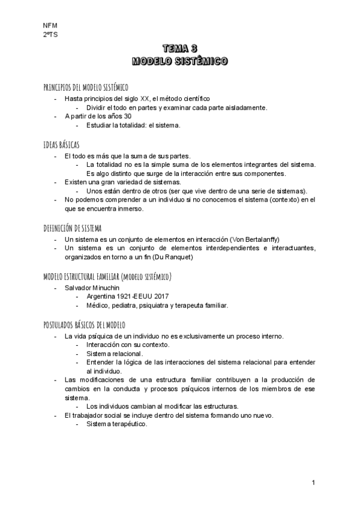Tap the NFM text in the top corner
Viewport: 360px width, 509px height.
(x=49, y=25)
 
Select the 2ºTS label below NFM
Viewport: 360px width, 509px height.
(x=50, y=35)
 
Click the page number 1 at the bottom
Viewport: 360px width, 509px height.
(x=313, y=483)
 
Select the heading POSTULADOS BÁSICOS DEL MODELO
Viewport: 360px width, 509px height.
(x=84, y=324)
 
